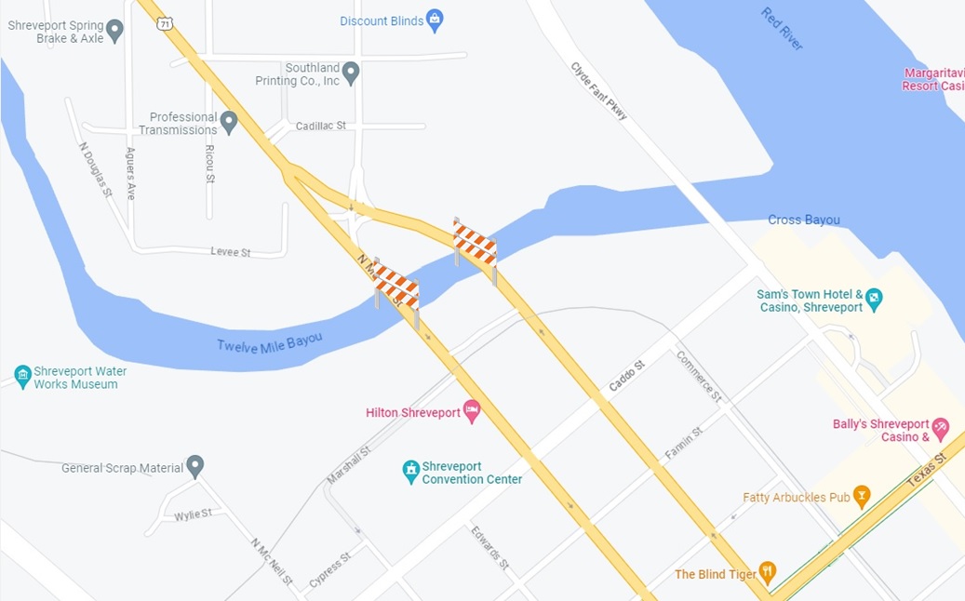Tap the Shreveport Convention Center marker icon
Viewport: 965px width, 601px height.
[410, 472]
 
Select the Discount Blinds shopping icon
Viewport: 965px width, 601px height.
[434, 20]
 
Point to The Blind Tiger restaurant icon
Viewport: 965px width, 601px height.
[768, 573]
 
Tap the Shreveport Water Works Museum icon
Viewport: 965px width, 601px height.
[23, 377]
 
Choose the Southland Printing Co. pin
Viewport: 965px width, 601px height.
[351, 73]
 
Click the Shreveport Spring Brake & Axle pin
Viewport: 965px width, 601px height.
[115, 31]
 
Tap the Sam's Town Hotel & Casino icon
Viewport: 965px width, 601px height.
[873, 300]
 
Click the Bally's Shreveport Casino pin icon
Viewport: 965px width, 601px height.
[940, 429]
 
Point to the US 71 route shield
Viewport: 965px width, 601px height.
[165, 23]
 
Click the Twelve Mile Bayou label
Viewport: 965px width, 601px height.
[269, 341]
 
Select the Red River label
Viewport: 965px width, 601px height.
[782, 28]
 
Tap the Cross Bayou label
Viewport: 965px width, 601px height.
[804, 220]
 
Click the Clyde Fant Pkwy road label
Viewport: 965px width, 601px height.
[599, 91]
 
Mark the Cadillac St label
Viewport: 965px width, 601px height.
[320, 126]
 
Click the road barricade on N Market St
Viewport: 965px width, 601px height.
[396, 288]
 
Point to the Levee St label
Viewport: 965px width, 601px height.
[231, 252]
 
